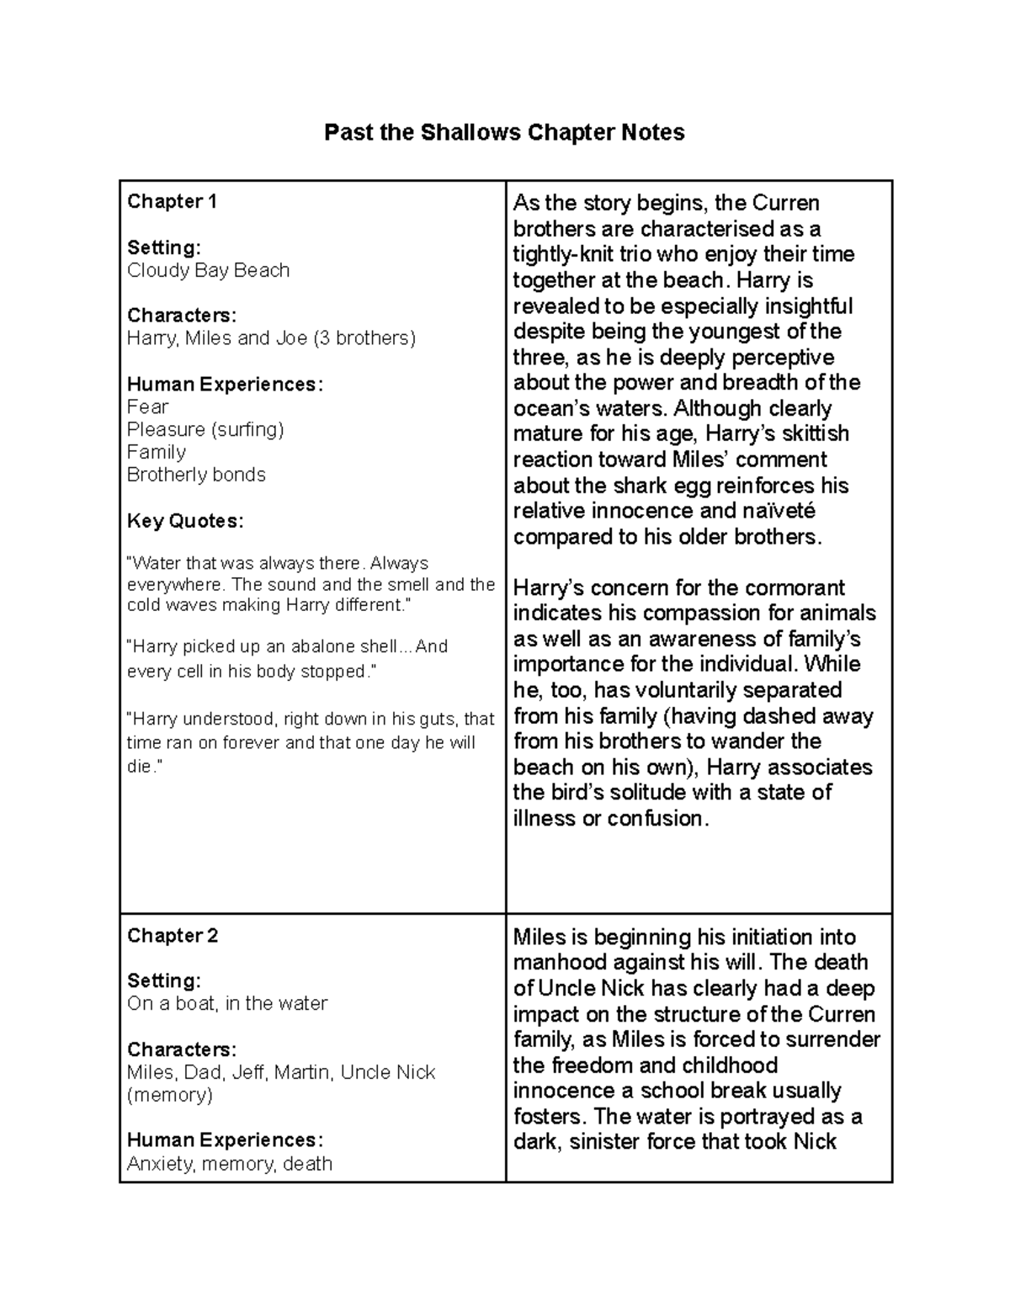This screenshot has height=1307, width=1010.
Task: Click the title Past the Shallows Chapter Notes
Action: click(504, 132)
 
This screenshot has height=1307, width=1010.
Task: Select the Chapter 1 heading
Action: click(172, 201)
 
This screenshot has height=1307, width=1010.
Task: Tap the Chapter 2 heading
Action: click(173, 935)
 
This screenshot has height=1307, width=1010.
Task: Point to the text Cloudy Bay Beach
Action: click(208, 270)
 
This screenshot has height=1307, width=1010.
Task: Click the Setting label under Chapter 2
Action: click(163, 980)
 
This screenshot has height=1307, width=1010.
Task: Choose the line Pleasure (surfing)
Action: click(205, 429)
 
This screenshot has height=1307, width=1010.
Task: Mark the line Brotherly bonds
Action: click(196, 475)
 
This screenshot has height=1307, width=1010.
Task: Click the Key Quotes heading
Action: click(185, 521)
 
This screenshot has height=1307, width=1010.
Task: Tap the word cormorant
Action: click(790, 587)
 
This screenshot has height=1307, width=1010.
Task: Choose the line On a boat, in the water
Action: click(227, 1003)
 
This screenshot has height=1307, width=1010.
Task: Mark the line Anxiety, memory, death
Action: click(230, 1163)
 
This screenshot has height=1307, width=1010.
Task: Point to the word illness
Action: click(545, 818)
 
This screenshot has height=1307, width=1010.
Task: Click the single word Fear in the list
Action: click(148, 406)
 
